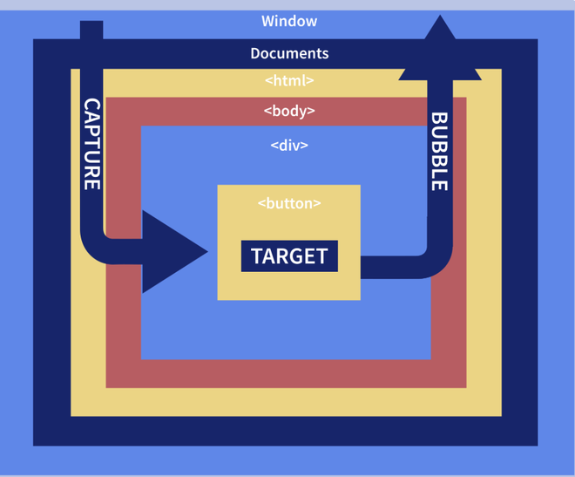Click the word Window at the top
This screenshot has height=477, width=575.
pyautogui.click(x=289, y=21)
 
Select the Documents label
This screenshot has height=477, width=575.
pyautogui.click(x=289, y=53)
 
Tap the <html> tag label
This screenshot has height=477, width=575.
pyautogui.click(x=289, y=81)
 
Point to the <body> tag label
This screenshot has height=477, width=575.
pyautogui.click(x=289, y=112)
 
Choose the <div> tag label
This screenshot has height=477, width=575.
pyautogui.click(x=289, y=146)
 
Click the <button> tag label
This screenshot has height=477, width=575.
pyautogui.click(x=289, y=203)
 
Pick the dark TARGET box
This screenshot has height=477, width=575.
pyautogui.click(x=289, y=256)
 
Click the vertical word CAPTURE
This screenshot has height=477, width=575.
pyautogui.click(x=91, y=144)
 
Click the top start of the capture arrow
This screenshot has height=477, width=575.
pyautogui.click(x=91, y=31)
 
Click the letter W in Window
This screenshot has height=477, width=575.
pyautogui.click(x=267, y=21)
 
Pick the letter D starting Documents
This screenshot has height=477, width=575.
pyautogui.click(x=256, y=53)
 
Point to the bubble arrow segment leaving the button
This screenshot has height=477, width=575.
pyautogui.click(x=388, y=267)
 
